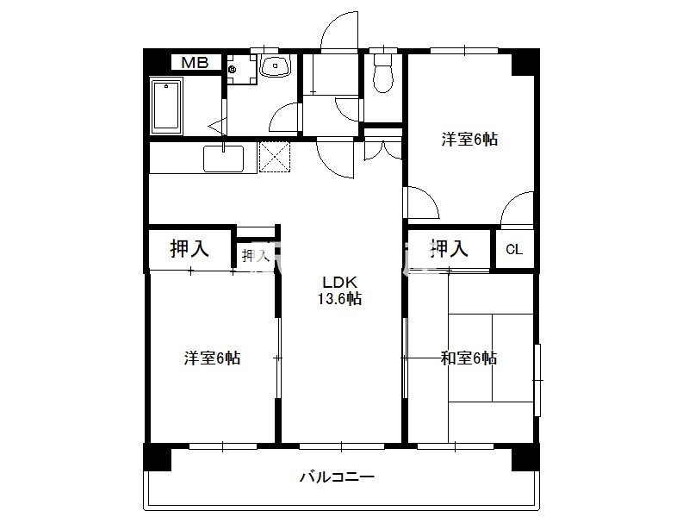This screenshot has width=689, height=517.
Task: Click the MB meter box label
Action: click(x=196, y=62)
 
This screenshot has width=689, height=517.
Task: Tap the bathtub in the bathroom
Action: click(x=166, y=106)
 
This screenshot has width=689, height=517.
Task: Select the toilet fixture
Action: click(x=383, y=73)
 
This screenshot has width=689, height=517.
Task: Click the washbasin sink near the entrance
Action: click(x=276, y=66)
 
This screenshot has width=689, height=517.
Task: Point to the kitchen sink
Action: click(x=223, y=159)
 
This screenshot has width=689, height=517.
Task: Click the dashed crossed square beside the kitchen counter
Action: click(x=275, y=157)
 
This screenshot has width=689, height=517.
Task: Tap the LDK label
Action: click(x=339, y=282)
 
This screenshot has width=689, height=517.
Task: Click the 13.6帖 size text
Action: click(x=339, y=299)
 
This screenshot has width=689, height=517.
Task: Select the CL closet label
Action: click(x=514, y=250)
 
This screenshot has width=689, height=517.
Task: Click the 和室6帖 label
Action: click(x=469, y=358)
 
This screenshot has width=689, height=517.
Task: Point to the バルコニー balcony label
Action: click(x=337, y=477)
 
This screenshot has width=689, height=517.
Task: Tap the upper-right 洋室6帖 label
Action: click(x=469, y=140)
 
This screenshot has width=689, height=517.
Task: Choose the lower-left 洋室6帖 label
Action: click(x=212, y=358)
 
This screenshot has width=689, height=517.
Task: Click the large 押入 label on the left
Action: click(x=189, y=248)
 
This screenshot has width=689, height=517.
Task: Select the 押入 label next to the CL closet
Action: click(x=449, y=248)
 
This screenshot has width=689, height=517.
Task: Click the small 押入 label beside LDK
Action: click(x=254, y=256)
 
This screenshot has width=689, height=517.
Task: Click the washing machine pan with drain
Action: click(x=241, y=69)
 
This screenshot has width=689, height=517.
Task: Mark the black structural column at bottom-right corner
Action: click(x=525, y=458)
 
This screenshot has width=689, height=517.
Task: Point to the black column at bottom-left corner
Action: click(x=157, y=458)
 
